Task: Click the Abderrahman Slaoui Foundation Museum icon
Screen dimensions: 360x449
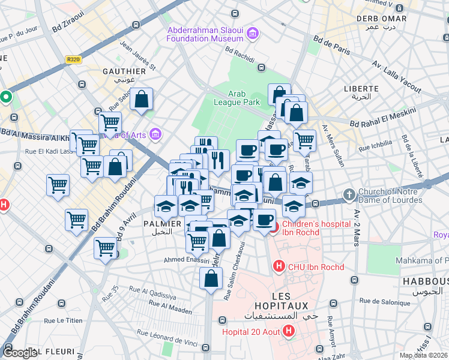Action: [x=252, y=33]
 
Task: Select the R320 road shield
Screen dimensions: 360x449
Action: [x=73, y=59]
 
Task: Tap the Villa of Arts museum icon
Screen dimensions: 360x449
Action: [x=155, y=134]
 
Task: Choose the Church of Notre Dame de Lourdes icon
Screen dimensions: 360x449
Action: [x=349, y=194]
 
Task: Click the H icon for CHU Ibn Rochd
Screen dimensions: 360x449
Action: [x=278, y=265]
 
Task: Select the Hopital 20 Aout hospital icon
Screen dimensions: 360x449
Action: [x=289, y=331]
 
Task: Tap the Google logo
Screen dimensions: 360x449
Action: [x=20, y=353]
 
